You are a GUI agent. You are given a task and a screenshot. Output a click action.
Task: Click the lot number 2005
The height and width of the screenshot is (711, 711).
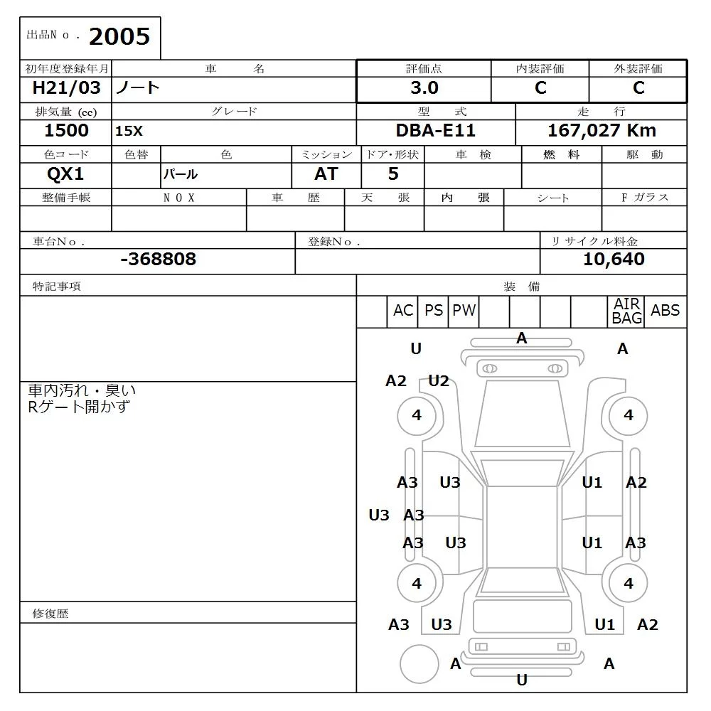[119, 36]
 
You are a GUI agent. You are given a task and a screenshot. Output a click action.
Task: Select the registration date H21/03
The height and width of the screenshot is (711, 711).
[67, 88]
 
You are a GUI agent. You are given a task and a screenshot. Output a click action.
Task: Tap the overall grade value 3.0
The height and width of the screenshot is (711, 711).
[424, 88]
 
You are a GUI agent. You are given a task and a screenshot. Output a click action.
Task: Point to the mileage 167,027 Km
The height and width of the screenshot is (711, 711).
[602, 131]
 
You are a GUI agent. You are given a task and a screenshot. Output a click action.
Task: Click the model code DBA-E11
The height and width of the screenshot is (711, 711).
[435, 131]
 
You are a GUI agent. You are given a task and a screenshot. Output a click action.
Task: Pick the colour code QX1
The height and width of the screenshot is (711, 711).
[65, 174]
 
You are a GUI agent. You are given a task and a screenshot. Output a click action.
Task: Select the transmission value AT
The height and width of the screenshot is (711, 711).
[326, 174]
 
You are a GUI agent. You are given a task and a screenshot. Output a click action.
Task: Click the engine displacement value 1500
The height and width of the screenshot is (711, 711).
[66, 131]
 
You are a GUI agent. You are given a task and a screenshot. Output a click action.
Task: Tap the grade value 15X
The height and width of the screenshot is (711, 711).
[129, 132]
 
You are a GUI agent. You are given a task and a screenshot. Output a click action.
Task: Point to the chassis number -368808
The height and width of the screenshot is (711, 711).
[158, 260]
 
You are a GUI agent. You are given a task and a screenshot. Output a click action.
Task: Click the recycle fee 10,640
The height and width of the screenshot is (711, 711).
[614, 260]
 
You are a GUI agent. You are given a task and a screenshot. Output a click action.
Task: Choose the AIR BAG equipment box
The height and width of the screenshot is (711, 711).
[627, 311]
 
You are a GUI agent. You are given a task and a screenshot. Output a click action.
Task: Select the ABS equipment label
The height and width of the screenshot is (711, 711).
[665, 311]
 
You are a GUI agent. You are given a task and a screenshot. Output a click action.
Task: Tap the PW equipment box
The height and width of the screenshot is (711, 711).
[464, 311]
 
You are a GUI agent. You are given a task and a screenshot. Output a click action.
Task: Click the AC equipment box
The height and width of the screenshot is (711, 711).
[403, 311]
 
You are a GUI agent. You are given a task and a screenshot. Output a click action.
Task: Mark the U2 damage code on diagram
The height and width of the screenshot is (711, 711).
[439, 381]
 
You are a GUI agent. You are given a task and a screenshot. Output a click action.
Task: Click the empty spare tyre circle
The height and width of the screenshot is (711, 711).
[419, 664]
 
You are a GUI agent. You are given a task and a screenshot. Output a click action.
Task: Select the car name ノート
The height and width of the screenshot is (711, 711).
[138, 88]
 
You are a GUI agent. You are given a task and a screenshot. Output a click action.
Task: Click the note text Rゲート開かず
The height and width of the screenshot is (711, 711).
[78, 407]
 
